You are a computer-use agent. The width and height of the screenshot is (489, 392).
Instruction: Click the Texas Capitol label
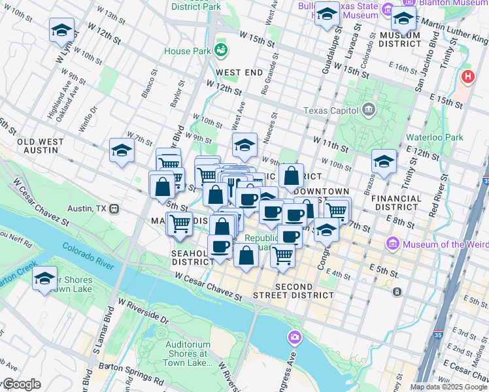click(331, 110)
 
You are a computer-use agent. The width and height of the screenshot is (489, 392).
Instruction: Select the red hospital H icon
click(467, 77)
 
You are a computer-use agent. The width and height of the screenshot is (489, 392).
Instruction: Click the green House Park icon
click(221, 50)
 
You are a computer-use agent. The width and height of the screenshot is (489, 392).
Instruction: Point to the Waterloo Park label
click(433, 137)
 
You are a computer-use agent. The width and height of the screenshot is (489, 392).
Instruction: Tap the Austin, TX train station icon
click(114, 209)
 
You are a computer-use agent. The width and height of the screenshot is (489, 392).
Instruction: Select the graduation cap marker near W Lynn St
click(61, 29)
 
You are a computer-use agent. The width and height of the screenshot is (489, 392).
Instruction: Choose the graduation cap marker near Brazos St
click(384, 161)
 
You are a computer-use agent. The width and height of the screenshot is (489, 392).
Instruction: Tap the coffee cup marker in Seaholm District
click(220, 246)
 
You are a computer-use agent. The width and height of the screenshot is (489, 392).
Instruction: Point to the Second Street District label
click(305, 291)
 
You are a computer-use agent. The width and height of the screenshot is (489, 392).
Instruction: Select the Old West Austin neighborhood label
click(41, 146)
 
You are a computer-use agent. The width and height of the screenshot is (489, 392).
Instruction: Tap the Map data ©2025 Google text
click(448, 387)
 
